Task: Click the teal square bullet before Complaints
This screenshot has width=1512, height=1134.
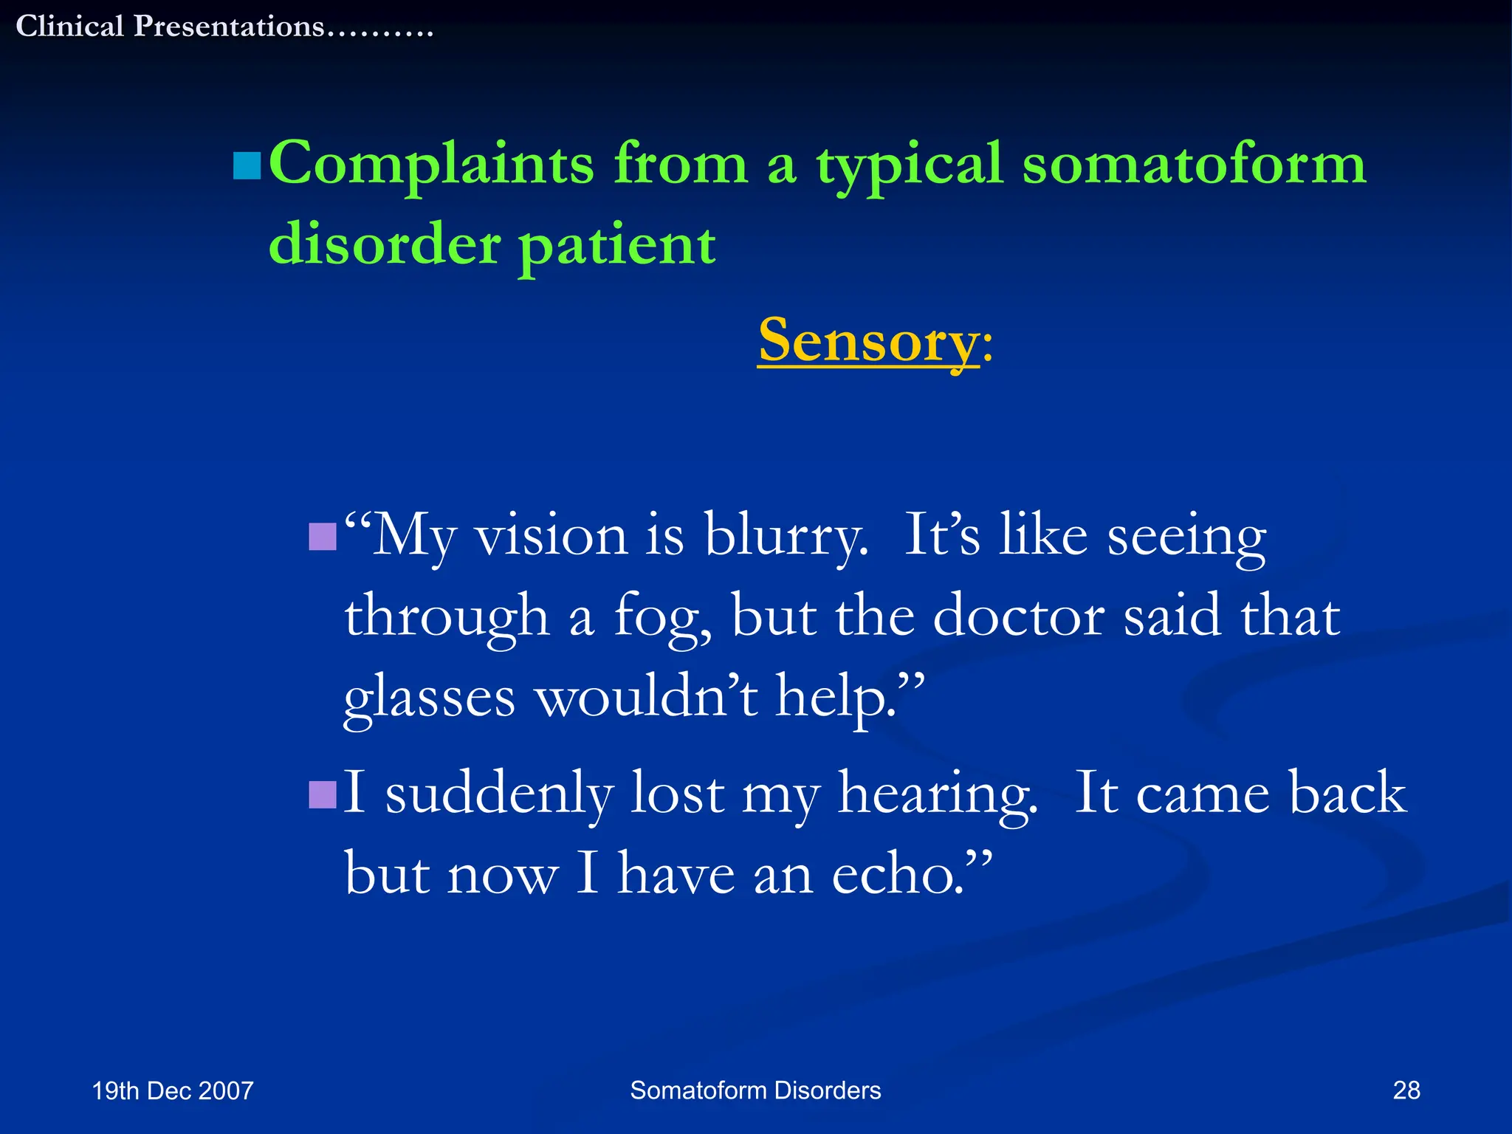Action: click(x=247, y=166)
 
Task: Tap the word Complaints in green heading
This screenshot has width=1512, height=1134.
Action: click(x=431, y=164)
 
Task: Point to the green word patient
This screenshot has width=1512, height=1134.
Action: click(x=617, y=245)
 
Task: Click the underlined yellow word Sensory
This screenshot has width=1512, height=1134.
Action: click(x=868, y=340)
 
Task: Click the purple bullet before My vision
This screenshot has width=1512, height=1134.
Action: click(x=323, y=537)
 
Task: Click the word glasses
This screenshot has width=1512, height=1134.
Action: click(x=430, y=697)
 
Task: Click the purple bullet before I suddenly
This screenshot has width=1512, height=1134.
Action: click(x=323, y=795)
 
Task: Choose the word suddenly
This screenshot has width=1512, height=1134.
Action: click(x=499, y=794)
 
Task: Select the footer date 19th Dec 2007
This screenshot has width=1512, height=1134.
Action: click(x=173, y=1090)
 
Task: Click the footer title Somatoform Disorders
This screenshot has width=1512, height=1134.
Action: click(x=755, y=1090)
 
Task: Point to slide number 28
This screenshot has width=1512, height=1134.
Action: click(x=1406, y=1090)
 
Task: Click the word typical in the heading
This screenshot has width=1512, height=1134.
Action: click(x=909, y=164)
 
